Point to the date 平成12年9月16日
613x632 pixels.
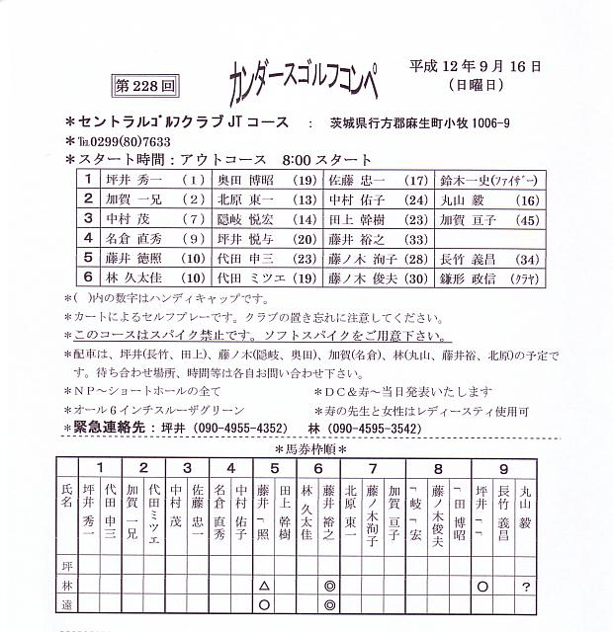tap(476, 68)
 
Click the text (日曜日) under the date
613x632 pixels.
tap(477, 86)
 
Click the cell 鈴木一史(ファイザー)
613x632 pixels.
tap(488, 181)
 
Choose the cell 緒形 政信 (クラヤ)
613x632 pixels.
tap(488, 277)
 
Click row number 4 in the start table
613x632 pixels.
tap(88, 238)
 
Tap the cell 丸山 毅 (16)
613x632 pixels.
tap(488, 199)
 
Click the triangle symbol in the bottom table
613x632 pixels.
tap(264, 586)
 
